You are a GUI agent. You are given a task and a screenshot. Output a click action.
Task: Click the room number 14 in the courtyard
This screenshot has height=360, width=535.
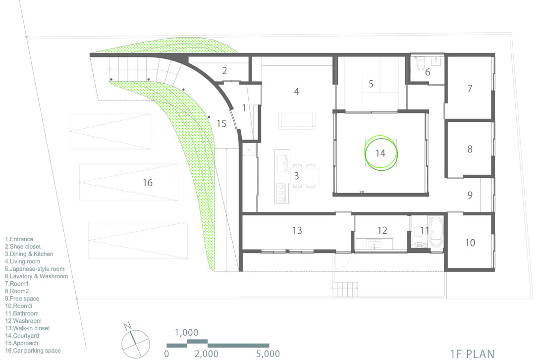coord(380,153)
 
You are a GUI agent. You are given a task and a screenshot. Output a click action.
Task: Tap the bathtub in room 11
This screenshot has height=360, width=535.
coord(435,232)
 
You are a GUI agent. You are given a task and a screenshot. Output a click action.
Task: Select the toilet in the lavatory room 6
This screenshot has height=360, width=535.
coord(421,63)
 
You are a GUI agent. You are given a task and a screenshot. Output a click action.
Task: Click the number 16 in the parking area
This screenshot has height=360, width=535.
coord(148,183)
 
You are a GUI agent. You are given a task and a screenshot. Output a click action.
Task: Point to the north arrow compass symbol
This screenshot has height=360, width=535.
coord(135,343)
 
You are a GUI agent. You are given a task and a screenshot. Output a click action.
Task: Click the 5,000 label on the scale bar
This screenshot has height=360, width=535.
coord(268,354)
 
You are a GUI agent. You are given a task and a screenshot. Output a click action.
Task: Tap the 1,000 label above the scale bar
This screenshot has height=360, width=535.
coord(186,332)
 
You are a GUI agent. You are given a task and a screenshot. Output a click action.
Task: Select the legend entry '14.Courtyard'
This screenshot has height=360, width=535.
coord(22,336)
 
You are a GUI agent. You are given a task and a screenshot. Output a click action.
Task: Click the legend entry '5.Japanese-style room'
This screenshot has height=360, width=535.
coord(35,269)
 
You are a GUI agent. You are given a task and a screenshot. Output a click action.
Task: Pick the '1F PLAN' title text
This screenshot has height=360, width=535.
coord(472,354)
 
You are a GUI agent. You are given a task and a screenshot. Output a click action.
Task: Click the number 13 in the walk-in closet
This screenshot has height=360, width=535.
coord(297,231)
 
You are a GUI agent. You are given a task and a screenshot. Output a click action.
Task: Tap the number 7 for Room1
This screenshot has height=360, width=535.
coord(470,88)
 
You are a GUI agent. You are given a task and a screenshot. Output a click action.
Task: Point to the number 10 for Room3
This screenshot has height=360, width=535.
coord(470,243)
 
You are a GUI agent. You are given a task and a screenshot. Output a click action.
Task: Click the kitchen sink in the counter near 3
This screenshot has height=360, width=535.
coord(282,163)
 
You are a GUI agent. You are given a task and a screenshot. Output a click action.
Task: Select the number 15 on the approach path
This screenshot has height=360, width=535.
coord(221,123)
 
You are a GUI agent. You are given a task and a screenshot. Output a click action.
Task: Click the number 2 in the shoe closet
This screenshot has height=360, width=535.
coord(224,71)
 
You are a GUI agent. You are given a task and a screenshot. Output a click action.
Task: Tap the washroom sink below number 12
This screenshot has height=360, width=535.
coord(374,244)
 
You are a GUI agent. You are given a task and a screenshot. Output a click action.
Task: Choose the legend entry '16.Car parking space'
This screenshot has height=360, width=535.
coord(33,351)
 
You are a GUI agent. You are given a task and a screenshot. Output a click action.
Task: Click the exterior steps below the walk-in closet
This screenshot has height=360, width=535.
coord(345,289)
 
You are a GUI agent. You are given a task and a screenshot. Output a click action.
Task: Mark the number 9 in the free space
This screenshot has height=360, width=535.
coord(470,195)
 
